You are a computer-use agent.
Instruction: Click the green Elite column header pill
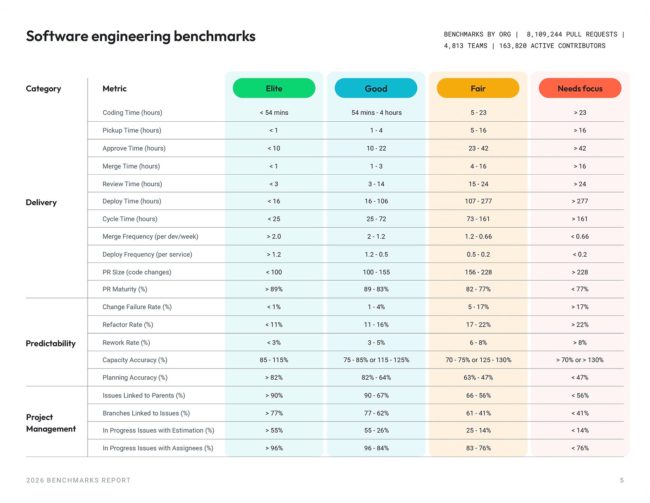click(x=274, y=88)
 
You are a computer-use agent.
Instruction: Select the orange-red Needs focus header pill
click(x=580, y=88)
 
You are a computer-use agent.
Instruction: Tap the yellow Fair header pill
click(x=478, y=88)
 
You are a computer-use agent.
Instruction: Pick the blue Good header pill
click(x=376, y=88)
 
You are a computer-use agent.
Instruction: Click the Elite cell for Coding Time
click(x=274, y=113)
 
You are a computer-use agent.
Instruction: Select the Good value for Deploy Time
click(x=376, y=201)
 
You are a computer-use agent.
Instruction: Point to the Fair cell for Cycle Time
click(x=478, y=219)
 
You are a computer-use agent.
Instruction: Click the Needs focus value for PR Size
click(x=580, y=272)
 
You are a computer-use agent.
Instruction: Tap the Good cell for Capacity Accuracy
click(x=376, y=360)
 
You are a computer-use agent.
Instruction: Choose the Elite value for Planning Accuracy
click(x=274, y=378)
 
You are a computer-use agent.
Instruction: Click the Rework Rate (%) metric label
click(x=126, y=342)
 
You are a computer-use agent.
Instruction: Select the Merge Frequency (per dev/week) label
click(x=150, y=236)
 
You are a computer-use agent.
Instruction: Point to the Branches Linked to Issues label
click(x=146, y=413)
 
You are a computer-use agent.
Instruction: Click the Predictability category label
click(x=50, y=343)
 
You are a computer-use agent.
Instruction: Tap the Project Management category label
click(x=50, y=423)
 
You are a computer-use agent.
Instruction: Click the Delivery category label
click(x=41, y=202)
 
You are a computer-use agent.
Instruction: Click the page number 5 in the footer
click(x=621, y=480)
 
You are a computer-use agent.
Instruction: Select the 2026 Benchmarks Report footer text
click(x=78, y=480)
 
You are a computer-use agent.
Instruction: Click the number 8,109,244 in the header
click(x=544, y=34)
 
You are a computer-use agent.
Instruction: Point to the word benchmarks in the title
click(x=214, y=36)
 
